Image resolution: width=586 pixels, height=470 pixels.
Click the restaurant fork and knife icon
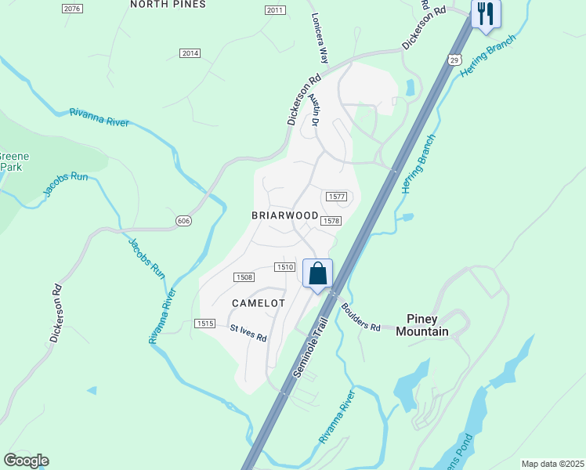tap(486, 14)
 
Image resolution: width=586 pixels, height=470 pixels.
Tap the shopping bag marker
tap(317, 273)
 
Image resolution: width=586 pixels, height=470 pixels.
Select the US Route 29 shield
tap(455, 59)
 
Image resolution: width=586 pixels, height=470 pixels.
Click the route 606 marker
tap(183, 221)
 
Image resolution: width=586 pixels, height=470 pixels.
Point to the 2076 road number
tap(71, 8)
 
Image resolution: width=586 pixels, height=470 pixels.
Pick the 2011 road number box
tap(274, 10)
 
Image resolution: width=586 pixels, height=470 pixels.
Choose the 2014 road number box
tap(190, 53)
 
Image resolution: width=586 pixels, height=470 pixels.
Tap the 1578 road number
tap(330, 222)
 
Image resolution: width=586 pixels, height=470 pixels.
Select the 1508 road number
tap(244, 277)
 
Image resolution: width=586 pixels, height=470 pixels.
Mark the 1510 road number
tap(284, 267)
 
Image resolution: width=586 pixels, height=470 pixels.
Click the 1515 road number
tap(204, 324)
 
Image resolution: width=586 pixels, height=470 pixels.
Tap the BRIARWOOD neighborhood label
tap(284, 215)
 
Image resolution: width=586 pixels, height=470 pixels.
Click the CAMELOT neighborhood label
tap(259, 302)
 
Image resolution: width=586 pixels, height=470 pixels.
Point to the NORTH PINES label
tap(168, 4)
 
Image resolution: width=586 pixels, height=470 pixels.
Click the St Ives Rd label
tap(248, 334)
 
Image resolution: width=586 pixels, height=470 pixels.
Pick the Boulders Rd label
tap(360, 316)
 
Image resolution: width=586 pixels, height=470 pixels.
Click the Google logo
tap(26, 461)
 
